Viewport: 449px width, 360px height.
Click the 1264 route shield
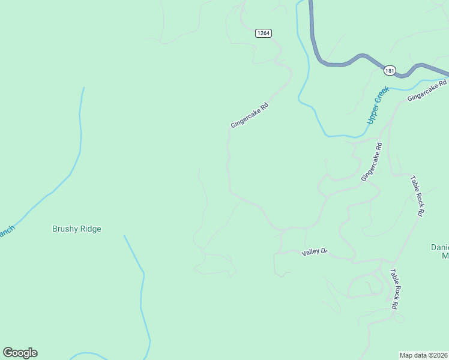coord(263,33)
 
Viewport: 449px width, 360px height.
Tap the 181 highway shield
coord(390,71)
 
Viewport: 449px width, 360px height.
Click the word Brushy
coord(64,229)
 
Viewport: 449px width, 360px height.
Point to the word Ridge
coord(90,229)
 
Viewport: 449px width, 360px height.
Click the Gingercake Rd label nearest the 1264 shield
coord(249,115)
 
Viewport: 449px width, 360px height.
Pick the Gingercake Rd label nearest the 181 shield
coord(427,90)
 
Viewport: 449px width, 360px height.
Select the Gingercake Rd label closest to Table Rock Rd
coord(372,162)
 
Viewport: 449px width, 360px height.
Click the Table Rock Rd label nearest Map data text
coord(394,289)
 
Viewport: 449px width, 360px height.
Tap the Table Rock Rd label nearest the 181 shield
coord(417,196)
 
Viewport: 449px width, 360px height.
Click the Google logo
coord(20,353)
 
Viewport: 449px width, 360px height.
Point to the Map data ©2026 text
coord(424,355)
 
